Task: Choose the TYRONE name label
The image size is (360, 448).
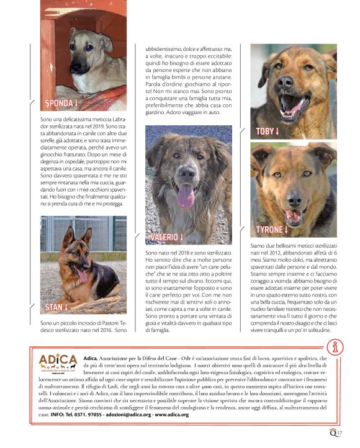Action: [x=272, y=230]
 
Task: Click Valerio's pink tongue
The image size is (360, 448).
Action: [x=186, y=197]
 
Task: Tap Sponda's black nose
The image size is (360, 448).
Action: [x=76, y=65]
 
